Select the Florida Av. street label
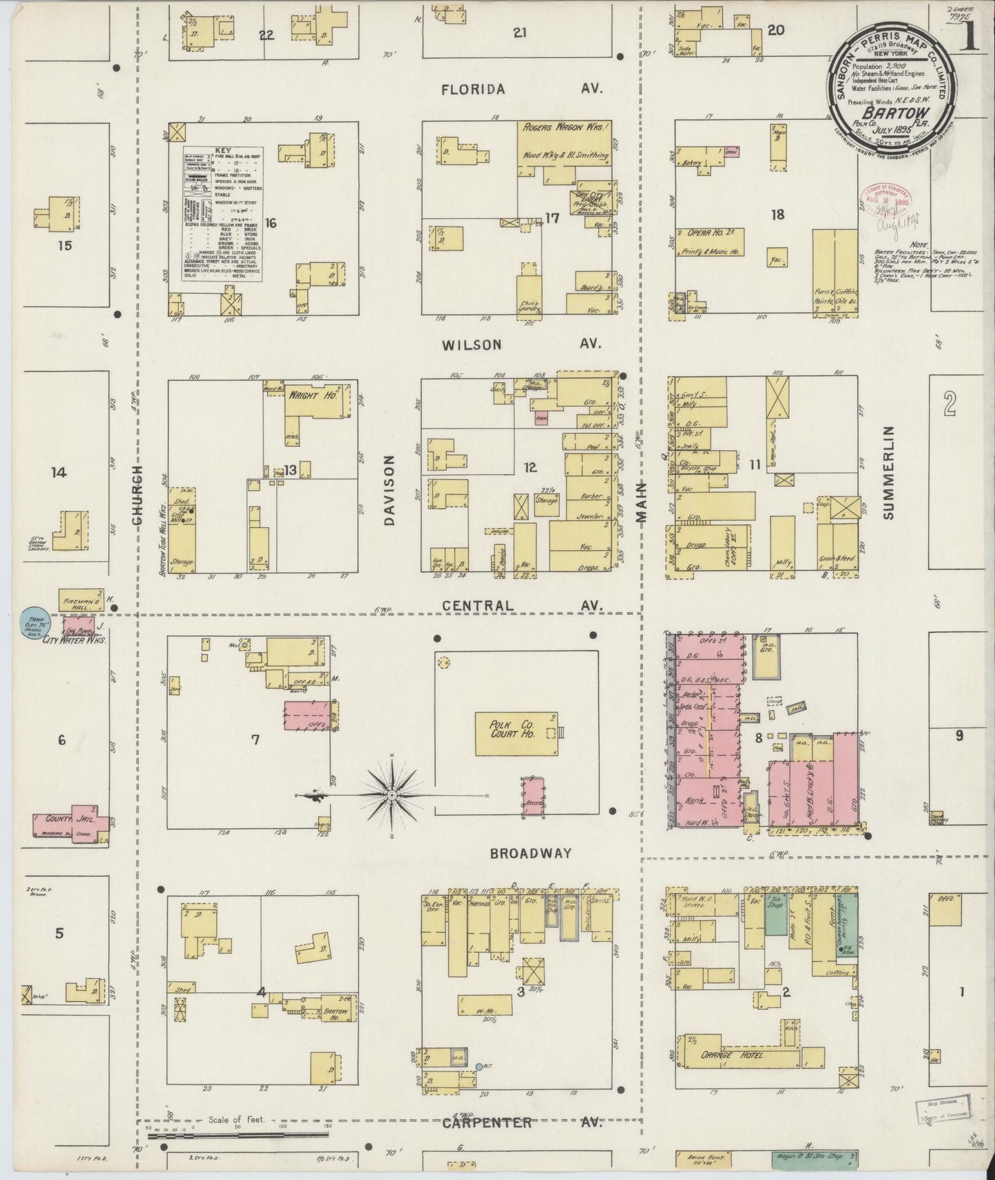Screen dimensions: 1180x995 click(522, 89)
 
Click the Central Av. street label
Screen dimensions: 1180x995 click(522, 606)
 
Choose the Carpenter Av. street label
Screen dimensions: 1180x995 click(522, 1123)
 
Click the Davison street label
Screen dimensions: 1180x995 click(390, 489)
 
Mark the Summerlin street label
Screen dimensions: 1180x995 click(887, 472)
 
